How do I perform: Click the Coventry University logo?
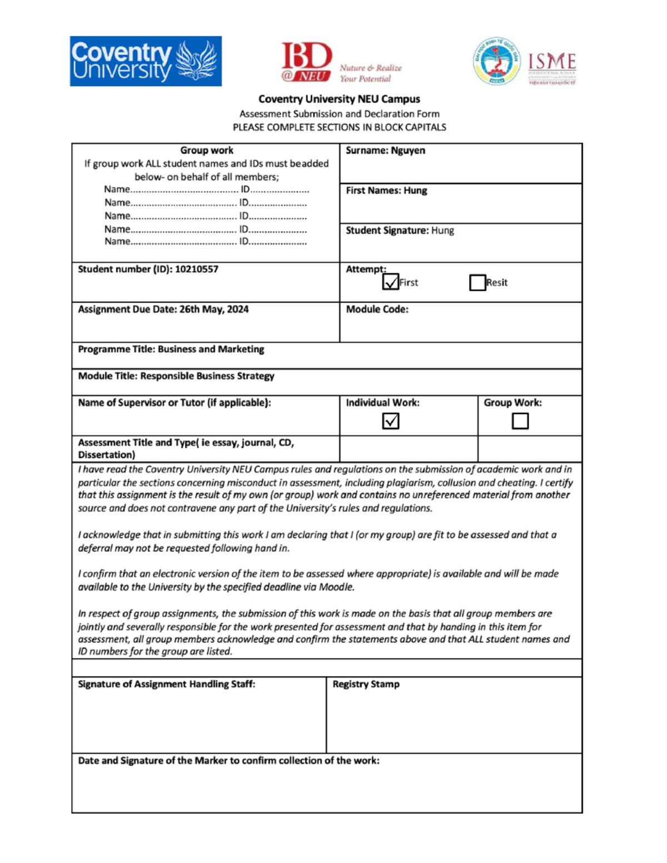(146, 61)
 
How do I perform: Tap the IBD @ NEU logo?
(307, 62)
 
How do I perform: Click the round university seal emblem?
(496, 61)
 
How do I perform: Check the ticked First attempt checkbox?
(391, 282)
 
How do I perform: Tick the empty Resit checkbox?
(477, 282)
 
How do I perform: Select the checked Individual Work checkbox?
(391, 421)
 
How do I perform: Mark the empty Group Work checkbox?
(520, 421)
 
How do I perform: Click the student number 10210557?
(196, 270)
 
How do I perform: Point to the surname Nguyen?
(407, 151)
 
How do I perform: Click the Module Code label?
(377, 310)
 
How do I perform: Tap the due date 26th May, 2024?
(214, 310)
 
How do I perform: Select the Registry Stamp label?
(366, 684)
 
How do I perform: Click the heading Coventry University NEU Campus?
(339, 99)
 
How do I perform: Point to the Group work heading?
(206, 151)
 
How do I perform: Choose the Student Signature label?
(387, 231)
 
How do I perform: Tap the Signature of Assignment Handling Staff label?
(166, 684)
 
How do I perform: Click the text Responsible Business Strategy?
(207, 376)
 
